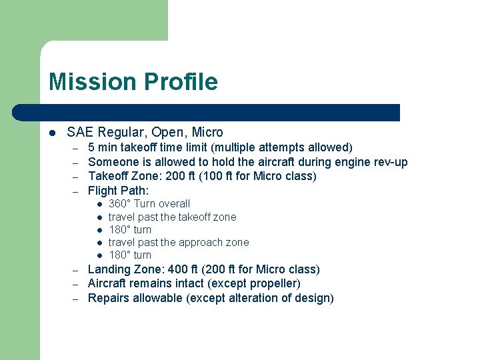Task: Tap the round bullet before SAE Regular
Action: [x=53, y=133]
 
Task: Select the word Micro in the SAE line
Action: [x=207, y=132]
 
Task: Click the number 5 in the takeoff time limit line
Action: [x=91, y=147]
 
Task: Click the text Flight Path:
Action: [x=118, y=191]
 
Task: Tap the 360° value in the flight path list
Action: [x=120, y=204]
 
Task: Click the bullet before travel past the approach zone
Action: [x=98, y=243]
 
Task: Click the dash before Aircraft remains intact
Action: [x=76, y=285]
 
